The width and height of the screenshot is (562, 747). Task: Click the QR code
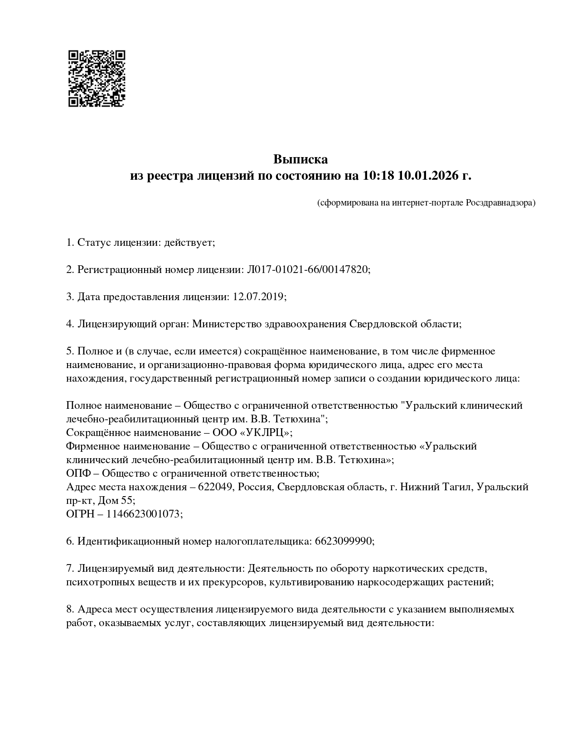pyautogui.click(x=97, y=78)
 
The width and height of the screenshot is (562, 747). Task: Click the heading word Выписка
pyautogui.click(x=300, y=159)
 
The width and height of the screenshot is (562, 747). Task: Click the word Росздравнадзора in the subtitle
pyautogui.click(x=500, y=203)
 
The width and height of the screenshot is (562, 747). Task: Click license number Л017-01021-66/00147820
pyautogui.click(x=308, y=270)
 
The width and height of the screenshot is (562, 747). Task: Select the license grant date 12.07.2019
pyautogui.click(x=258, y=297)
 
